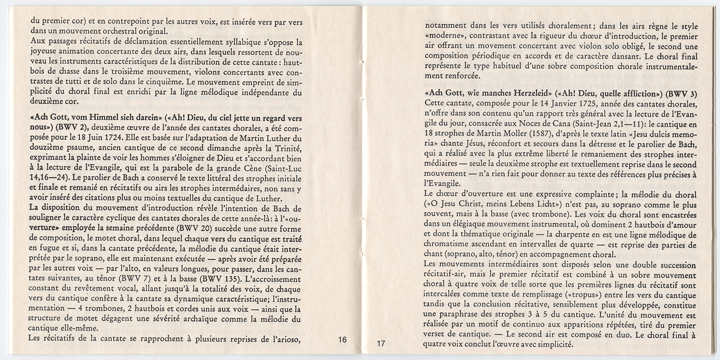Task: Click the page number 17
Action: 381,344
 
